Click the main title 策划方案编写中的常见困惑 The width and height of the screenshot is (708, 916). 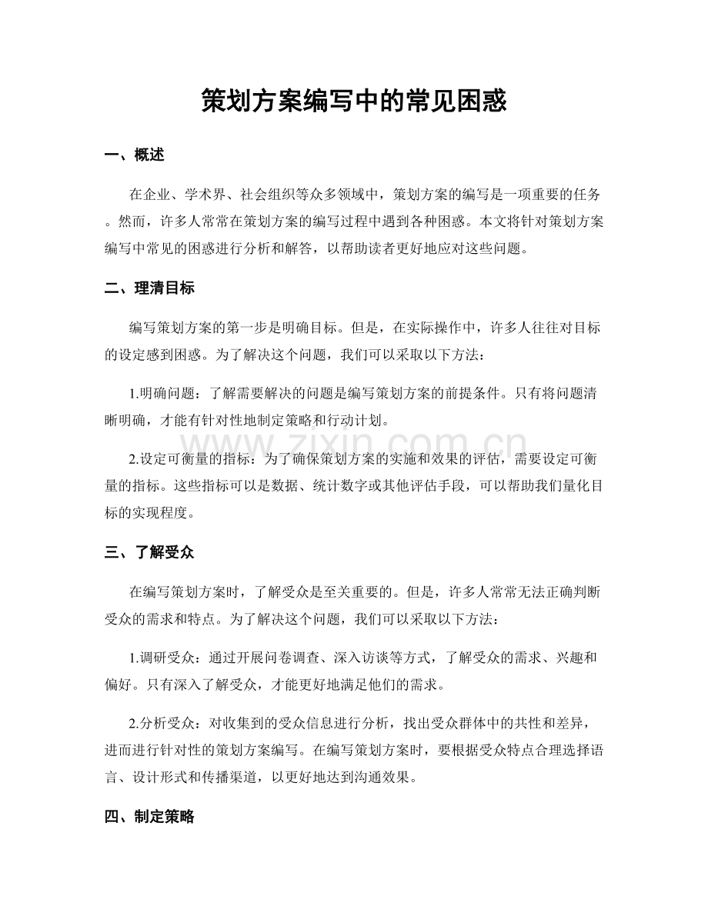(353, 101)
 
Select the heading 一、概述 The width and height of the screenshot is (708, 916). (134, 155)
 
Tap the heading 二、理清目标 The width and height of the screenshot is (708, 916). (149, 289)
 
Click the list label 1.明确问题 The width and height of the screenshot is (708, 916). (164, 394)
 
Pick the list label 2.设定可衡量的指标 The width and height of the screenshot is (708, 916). (192, 460)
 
